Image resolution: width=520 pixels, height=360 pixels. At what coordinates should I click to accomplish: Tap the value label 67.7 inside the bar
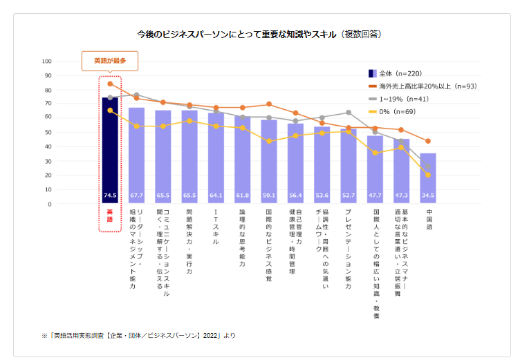[136, 196]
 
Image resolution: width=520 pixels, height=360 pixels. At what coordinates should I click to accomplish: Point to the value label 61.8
[242, 196]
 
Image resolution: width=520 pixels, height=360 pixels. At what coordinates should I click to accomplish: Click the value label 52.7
[349, 196]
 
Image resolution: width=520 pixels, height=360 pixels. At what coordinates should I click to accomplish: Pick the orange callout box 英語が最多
[110, 61]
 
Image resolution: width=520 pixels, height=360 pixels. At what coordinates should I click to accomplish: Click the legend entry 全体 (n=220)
[400, 73]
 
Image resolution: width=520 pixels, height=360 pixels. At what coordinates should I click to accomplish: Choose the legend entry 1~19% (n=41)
[408, 99]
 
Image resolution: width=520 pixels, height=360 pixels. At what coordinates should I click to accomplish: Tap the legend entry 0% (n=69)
[402, 111]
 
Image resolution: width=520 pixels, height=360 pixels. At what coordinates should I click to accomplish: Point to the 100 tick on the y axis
[47, 61]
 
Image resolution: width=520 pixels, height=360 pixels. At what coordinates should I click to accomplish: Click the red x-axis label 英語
[110, 216]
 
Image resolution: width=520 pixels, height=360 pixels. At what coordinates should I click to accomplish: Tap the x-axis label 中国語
[428, 220]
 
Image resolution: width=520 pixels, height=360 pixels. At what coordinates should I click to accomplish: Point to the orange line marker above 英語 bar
[110, 84]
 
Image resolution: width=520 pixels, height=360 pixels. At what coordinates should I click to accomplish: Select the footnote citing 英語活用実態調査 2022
[138, 335]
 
